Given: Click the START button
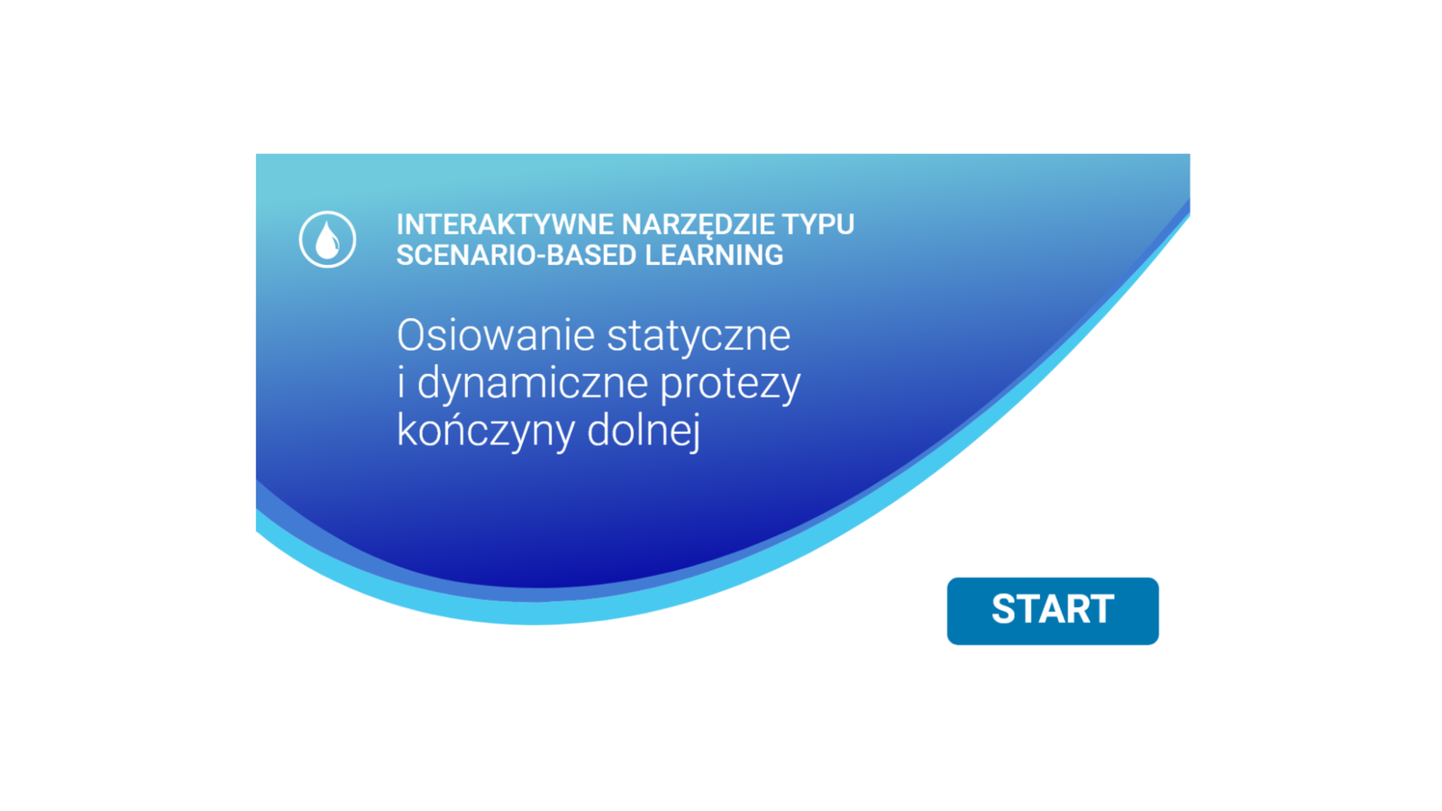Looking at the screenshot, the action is (x=1053, y=611).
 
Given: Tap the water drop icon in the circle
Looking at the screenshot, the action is (x=327, y=240).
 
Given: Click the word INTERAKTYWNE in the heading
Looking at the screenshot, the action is (x=505, y=224).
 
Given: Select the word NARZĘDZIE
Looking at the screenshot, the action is (x=698, y=225).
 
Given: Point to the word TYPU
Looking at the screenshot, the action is (x=818, y=224).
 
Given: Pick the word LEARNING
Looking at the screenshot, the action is (x=714, y=255).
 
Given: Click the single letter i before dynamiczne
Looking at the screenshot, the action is (x=401, y=382).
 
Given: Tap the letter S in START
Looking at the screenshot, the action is (x=1004, y=609).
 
